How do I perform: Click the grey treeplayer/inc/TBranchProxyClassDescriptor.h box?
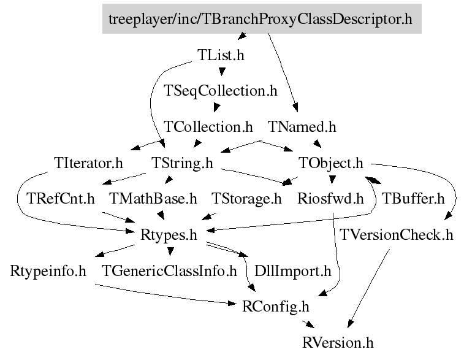click(261, 19)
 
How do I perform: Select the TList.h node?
click(221, 55)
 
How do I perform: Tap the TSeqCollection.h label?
click(221, 91)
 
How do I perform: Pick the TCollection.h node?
click(208, 127)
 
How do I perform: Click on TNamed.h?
click(303, 127)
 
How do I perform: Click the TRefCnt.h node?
click(61, 199)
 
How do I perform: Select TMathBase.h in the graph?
click(153, 199)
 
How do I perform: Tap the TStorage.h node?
click(246, 199)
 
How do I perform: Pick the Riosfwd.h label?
click(330, 199)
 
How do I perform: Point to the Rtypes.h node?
click(169, 234)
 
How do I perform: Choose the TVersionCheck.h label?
click(397, 234)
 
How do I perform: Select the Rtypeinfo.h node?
click(48, 270)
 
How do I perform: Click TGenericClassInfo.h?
click(169, 270)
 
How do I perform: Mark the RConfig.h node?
click(276, 305)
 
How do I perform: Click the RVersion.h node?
click(338, 342)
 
